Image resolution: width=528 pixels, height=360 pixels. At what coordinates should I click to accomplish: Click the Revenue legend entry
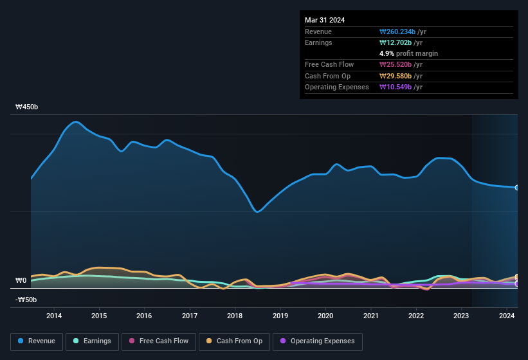click(x=37, y=341)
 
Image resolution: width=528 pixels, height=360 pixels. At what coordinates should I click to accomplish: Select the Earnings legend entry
click(x=92, y=341)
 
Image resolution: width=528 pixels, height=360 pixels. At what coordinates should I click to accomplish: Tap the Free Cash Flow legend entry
click(x=159, y=341)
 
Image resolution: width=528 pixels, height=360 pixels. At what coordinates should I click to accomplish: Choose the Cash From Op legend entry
click(x=234, y=341)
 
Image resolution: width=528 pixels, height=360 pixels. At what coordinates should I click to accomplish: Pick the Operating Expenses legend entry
click(x=317, y=341)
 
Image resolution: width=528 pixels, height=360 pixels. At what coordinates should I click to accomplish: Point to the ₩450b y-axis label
click(x=27, y=107)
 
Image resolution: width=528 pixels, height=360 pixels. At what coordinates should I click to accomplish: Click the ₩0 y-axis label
click(x=21, y=281)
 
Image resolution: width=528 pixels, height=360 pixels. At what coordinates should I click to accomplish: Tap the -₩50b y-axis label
click(x=26, y=300)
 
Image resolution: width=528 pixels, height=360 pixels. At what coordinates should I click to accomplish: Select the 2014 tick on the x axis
click(x=54, y=316)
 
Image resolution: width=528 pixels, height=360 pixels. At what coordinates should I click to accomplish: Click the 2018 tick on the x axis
click(x=235, y=316)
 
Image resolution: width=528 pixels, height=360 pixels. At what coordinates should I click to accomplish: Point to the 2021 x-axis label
click(x=370, y=316)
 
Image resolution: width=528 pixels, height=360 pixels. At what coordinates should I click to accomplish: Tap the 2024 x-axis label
click(x=507, y=316)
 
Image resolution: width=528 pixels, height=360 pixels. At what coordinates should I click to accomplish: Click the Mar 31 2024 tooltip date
click(x=325, y=20)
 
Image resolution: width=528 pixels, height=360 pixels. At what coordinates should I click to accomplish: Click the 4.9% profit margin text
click(x=408, y=53)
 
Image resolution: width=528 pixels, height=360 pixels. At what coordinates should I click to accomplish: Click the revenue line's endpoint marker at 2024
click(x=517, y=188)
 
